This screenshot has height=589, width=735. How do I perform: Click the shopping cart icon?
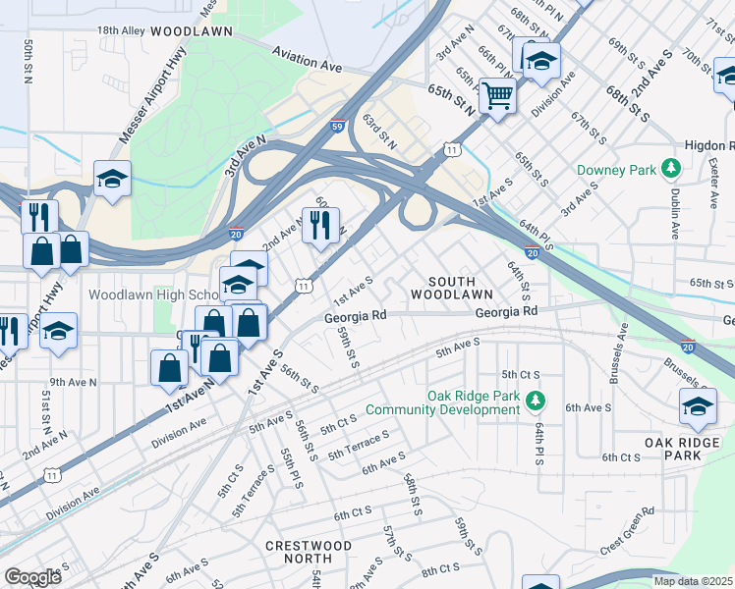[x=498, y=96]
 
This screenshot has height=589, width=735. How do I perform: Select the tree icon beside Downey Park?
[x=672, y=170]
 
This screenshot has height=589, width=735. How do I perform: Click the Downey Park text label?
[x=616, y=171]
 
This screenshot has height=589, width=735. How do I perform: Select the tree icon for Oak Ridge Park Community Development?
[x=536, y=400]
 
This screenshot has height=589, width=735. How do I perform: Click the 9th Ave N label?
[x=73, y=382]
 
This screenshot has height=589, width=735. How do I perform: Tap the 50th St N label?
[x=30, y=61]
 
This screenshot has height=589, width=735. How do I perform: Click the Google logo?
[x=32, y=577]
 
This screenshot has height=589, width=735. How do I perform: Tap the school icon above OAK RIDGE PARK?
[x=698, y=407]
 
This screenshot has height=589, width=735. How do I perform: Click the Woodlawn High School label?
[x=152, y=294]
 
